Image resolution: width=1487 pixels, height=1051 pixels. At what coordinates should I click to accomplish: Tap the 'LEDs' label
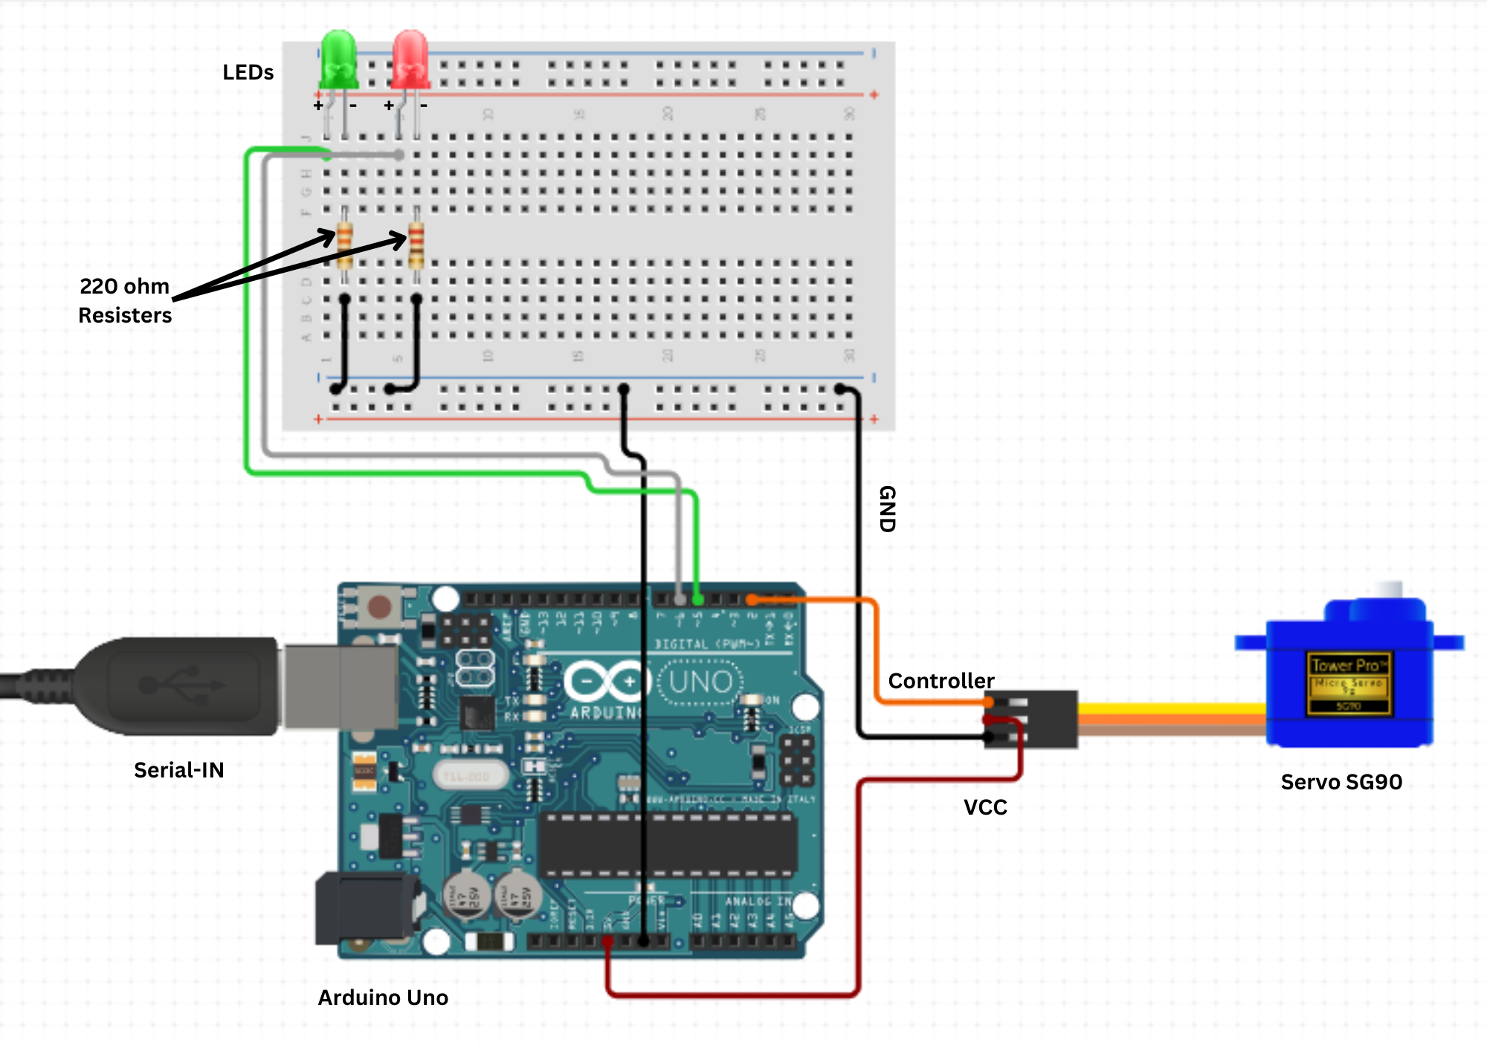(x=248, y=73)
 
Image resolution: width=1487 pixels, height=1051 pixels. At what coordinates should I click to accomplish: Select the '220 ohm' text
(x=125, y=286)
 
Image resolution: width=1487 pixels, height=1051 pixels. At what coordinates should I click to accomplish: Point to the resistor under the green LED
(x=344, y=245)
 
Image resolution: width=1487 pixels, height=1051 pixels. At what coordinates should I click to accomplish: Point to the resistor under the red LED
(x=416, y=245)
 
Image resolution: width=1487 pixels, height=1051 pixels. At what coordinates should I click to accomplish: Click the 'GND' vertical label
(x=887, y=509)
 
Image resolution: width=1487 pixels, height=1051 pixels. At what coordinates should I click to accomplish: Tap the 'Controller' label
(x=941, y=681)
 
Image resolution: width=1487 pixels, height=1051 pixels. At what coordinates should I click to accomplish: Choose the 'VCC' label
(x=985, y=807)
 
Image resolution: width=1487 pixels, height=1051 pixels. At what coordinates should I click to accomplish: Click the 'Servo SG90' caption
(x=1341, y=782)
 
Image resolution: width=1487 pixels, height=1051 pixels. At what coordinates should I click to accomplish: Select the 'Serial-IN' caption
(x=178, y=770)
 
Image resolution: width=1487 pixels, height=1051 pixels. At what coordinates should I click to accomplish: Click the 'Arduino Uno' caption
(x=383, y=997)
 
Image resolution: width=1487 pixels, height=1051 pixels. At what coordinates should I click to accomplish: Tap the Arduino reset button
(x=380, y=607)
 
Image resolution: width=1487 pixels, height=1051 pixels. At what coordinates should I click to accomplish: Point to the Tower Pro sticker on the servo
(x=1349, y=683)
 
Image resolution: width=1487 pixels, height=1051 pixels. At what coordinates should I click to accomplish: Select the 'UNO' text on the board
(x=700, y=682)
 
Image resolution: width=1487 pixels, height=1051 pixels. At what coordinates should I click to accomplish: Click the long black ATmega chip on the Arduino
(x=668, y=845)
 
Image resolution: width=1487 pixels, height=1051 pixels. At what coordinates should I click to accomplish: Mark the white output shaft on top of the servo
(x=1387, y=591)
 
